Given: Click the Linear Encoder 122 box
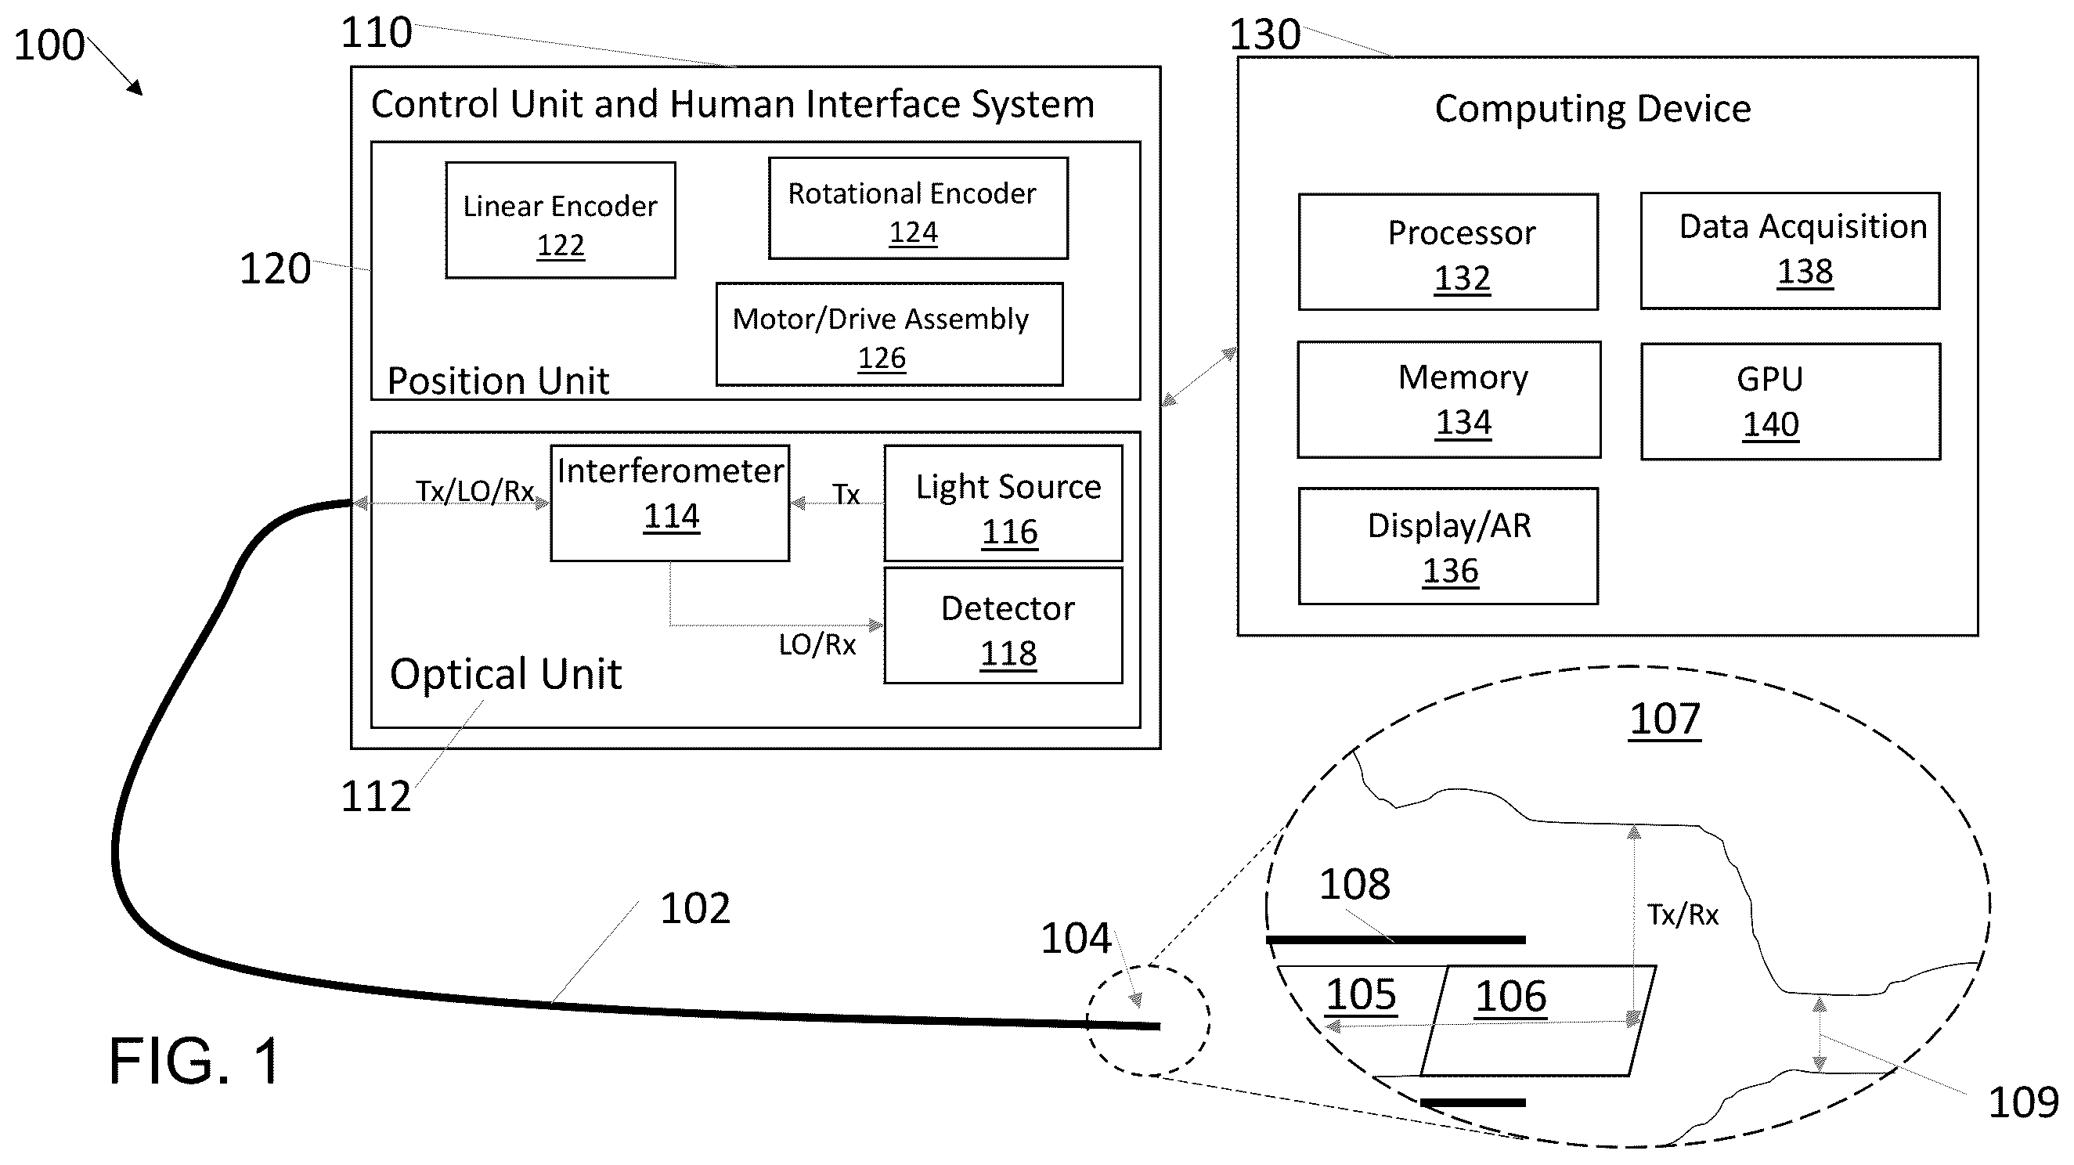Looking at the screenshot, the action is pos(561,221).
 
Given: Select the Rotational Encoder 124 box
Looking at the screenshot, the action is pos(918,208).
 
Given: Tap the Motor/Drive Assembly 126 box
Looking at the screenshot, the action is pos(889,334).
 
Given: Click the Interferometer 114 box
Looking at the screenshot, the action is pos(670,503).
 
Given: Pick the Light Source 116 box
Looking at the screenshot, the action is pos(1003,503).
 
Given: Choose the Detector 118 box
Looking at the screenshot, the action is pos(1003,626).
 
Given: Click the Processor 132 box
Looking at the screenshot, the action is pos(1448,252).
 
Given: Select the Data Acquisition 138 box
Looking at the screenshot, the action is pos(1790,251).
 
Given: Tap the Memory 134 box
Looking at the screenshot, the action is pos(1448,400).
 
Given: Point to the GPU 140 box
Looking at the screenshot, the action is pos(1791,402).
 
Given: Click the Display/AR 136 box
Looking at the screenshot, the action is pos(1448,546).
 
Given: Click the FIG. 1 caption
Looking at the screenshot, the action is pos(195,1061).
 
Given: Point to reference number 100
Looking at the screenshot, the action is pos(49,45).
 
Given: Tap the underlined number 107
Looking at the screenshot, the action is pos(1665,719).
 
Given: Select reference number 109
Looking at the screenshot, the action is pos(2023,1102).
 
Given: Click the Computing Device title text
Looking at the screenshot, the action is pos(1592,109).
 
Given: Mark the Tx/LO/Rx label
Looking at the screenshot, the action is pos(475,491).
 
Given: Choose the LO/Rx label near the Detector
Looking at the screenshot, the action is pos(817,644).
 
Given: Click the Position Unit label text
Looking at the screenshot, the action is pos(498,380).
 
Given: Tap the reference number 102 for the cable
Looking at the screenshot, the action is pos(695,908).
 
